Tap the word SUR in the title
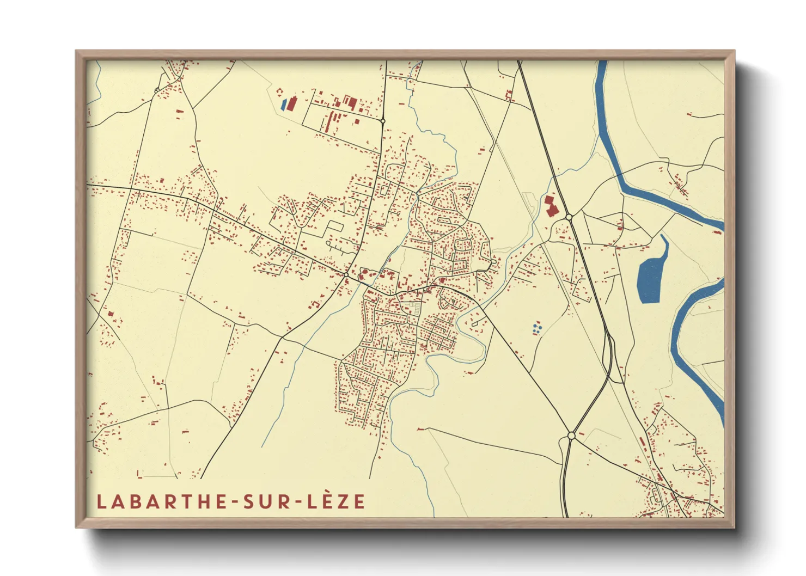pos(267,501)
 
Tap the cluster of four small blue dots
pos(537,327)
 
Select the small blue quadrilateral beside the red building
pos(283,104)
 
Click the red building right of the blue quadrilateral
pos(292,103)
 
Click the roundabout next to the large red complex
pos(569,217)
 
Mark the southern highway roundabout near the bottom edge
pos(571,436)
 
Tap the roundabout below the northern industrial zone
pos(383,120)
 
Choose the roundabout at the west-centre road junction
pos(346,274)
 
